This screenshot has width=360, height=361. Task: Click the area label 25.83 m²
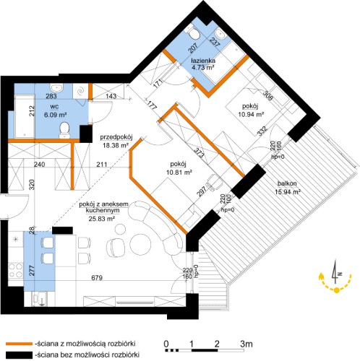(101, 219)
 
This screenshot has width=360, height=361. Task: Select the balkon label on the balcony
(287, 183)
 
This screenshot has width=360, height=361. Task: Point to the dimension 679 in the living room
(97, 278)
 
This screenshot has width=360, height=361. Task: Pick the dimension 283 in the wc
(51, 96)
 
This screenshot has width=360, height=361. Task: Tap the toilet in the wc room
(64, 131)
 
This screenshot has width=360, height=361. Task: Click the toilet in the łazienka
(194, 34)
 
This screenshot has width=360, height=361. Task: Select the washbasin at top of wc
(57, 88)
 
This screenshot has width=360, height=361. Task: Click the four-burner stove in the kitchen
(15, 271)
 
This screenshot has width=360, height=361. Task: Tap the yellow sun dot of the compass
(337, 290)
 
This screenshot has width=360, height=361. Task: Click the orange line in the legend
(19, 344)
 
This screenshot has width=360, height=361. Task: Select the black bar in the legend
(19, 355)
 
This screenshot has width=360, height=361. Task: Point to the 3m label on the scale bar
(247, 344)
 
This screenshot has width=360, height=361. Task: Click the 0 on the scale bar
(166, 344)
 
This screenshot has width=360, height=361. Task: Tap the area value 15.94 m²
(288, 192)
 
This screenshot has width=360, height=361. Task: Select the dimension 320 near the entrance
(33, 185)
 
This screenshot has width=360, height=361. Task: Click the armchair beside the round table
(115, 248)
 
